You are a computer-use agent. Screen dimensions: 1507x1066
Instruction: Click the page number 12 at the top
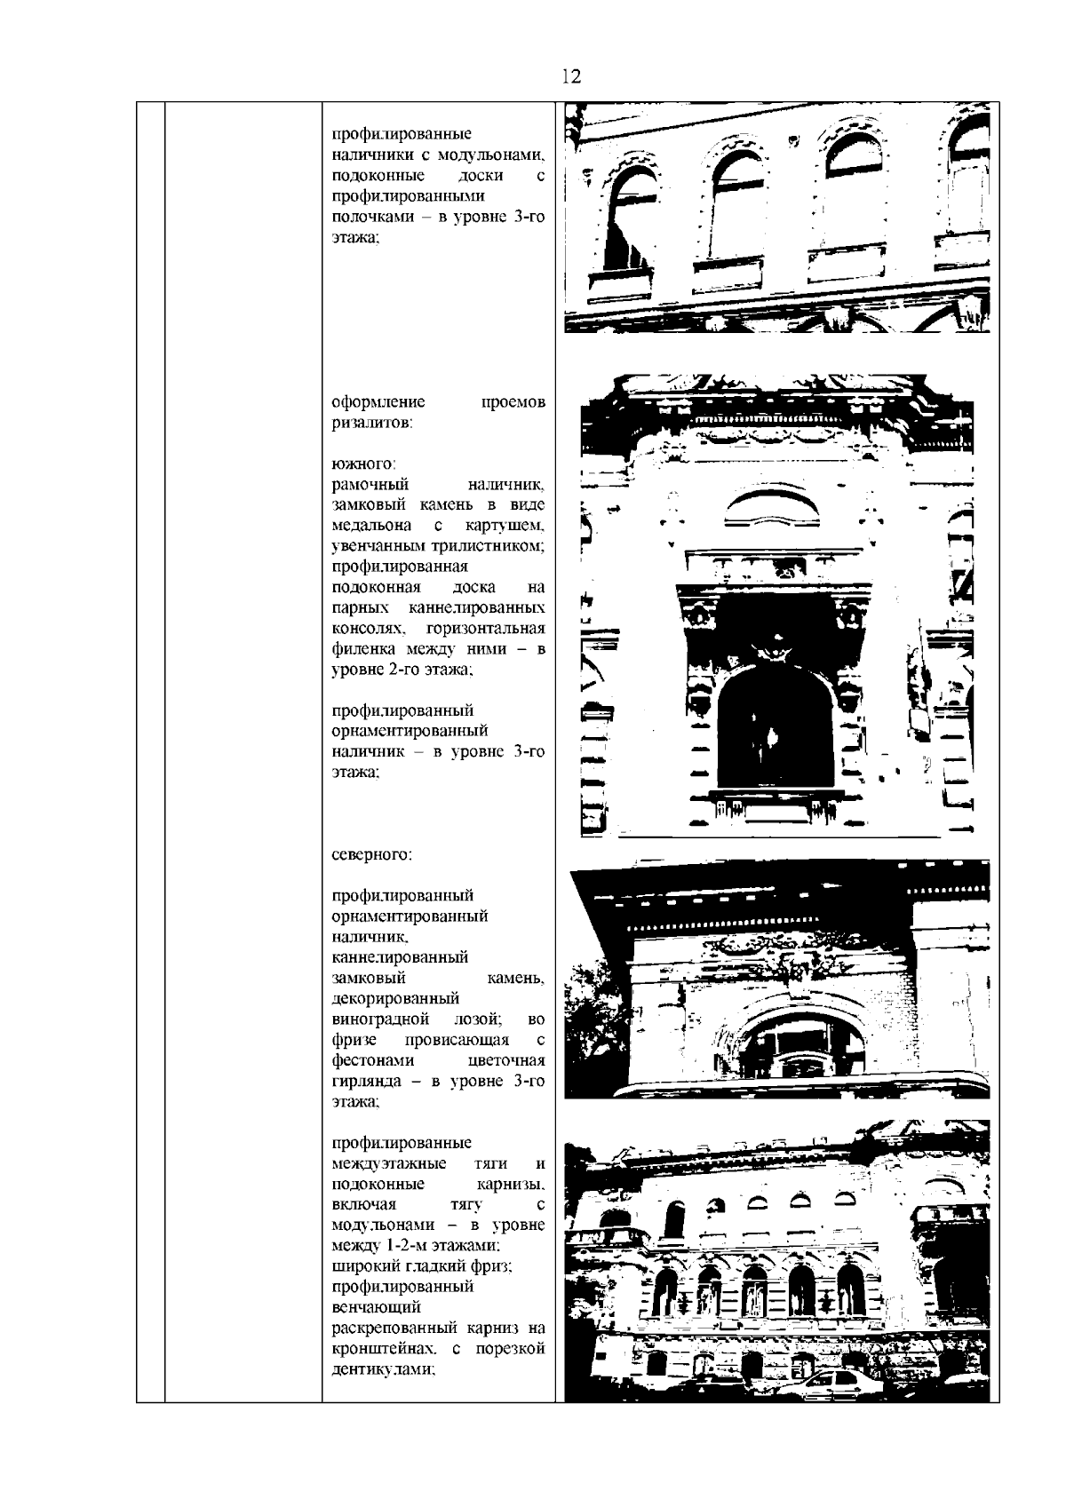coord(570,76)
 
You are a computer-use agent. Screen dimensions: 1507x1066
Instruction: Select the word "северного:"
coord(371,855)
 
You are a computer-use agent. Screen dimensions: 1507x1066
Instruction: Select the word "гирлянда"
coord(363,1082)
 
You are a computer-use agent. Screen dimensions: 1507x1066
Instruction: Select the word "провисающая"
coord(457,1040)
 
